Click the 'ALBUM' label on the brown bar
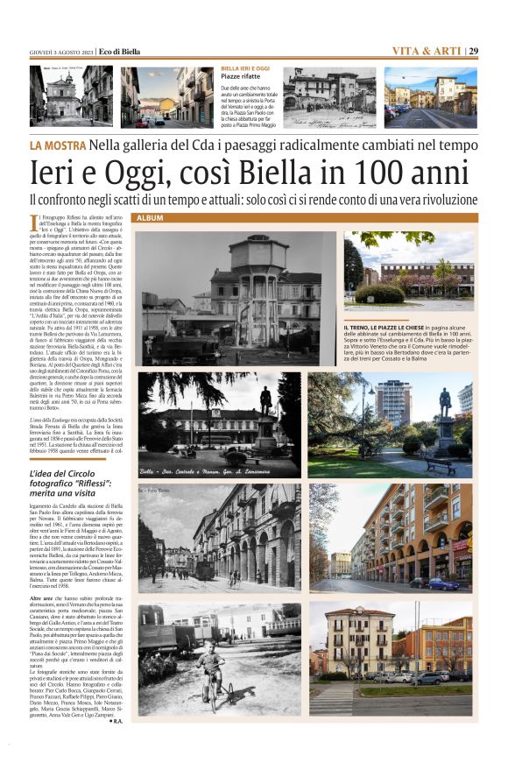[151, 217]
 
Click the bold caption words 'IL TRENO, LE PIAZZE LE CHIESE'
[399, 327]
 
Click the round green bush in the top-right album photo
[378, 293]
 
